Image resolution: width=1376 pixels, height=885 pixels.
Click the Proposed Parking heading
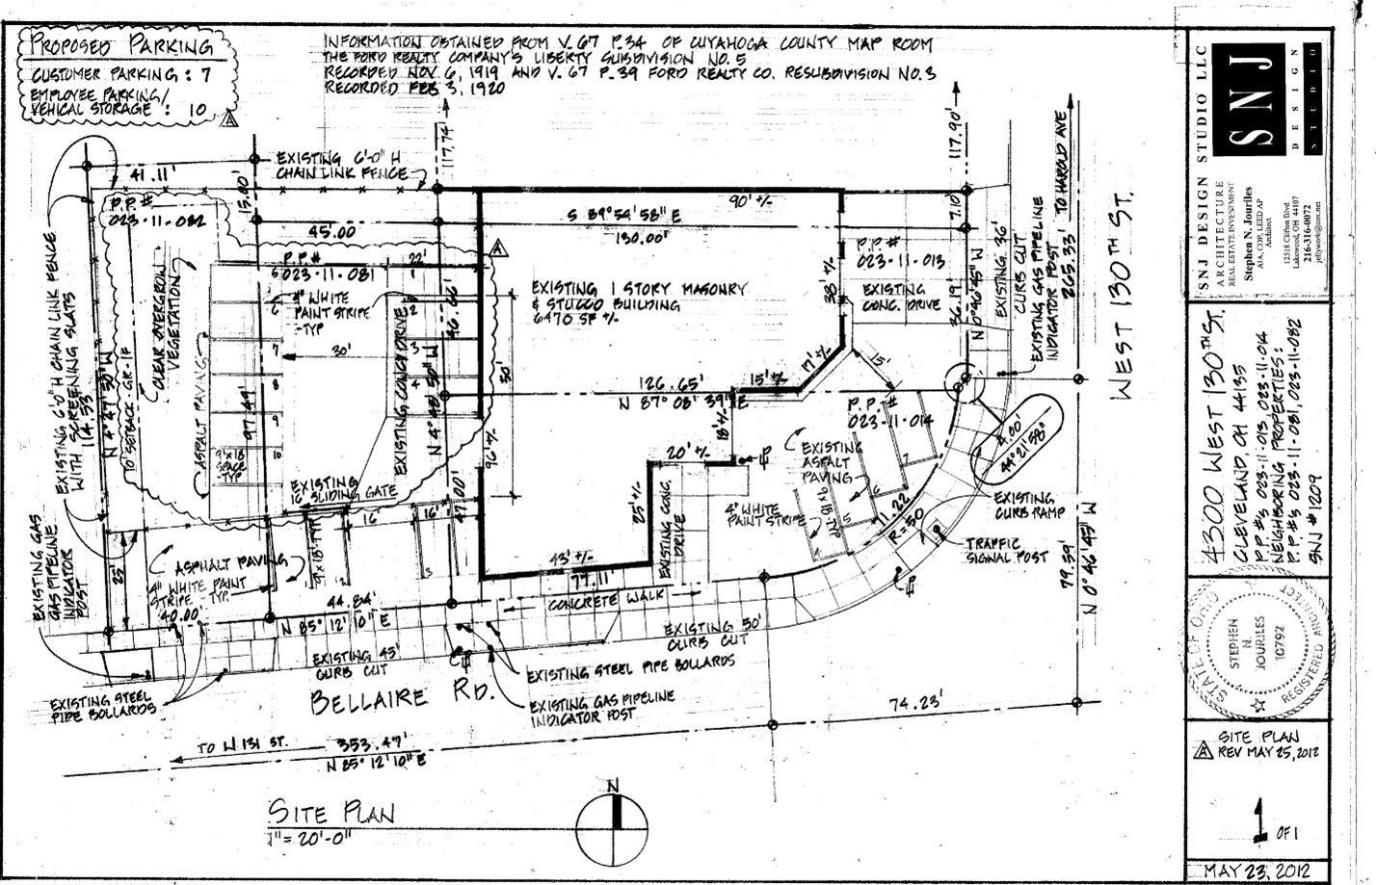pyautogui.click(x=121, y=46)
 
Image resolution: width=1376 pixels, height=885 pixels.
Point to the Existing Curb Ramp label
pyautogui.click(x=1028, y=506)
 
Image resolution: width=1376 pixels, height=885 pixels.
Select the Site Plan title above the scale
pyautogui.click(x=331, y=813)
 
